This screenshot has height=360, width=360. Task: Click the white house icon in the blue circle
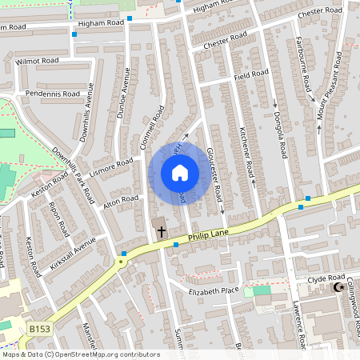(x=180, y=173)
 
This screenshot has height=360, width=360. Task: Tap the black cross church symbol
(x=161, y=232)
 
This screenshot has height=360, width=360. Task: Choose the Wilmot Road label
(x=38, y=60)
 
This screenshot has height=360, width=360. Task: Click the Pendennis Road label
(x=53, y=94)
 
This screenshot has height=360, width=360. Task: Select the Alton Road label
(x=121, y=201)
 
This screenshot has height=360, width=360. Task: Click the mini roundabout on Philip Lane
(x=122, y=262)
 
